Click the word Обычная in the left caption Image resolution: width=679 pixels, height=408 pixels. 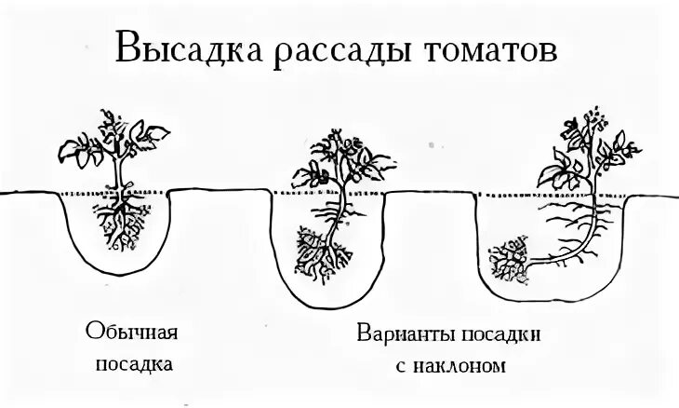click(131, 333)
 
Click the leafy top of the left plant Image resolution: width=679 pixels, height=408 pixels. click(115, 140)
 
